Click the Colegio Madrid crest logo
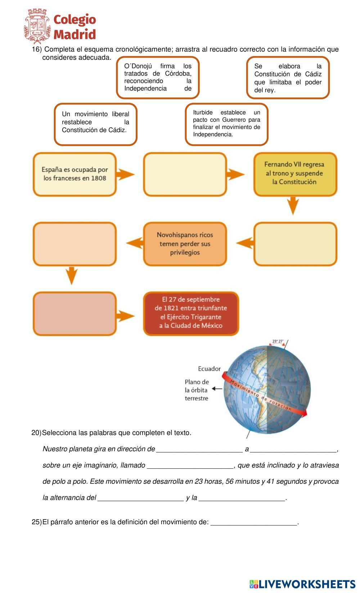[x=37, y=26]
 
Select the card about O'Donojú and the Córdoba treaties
[x=158, y=77]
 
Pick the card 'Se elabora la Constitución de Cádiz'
[x=288, y=78]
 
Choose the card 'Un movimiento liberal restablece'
[x=95, y=124]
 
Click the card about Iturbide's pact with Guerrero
[x=226, y=124]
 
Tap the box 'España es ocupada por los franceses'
[x=75, y=174]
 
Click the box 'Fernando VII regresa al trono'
[x=295, y=174]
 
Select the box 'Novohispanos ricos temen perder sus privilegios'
[x=185, y=244]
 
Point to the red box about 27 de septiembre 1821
[x=191, y=313]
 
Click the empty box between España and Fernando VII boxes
[x=185, y=174]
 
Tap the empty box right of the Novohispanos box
[x=295, y=244]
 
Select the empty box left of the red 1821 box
[x=75, y=313]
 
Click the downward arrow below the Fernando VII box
[x=294, y=205]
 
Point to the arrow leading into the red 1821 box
[x=126, y=316]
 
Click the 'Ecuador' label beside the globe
[x=209, y=369]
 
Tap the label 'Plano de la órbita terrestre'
[x=197, y=390]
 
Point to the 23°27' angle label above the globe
[x=278, y=341]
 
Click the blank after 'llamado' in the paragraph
[x=190, y=465]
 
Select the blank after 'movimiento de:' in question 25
[x=254, y=522]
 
